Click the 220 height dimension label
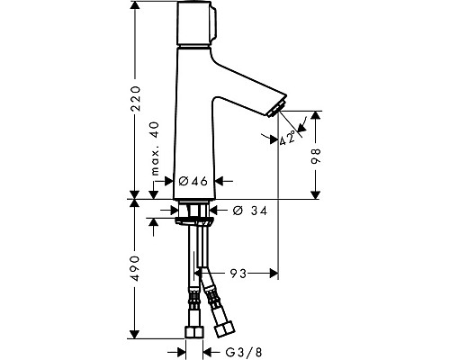[x=135, y=96]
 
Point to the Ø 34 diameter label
[x=248, y=211]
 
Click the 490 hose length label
[x=135, y=269]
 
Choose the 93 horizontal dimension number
[x=237, y=271]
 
